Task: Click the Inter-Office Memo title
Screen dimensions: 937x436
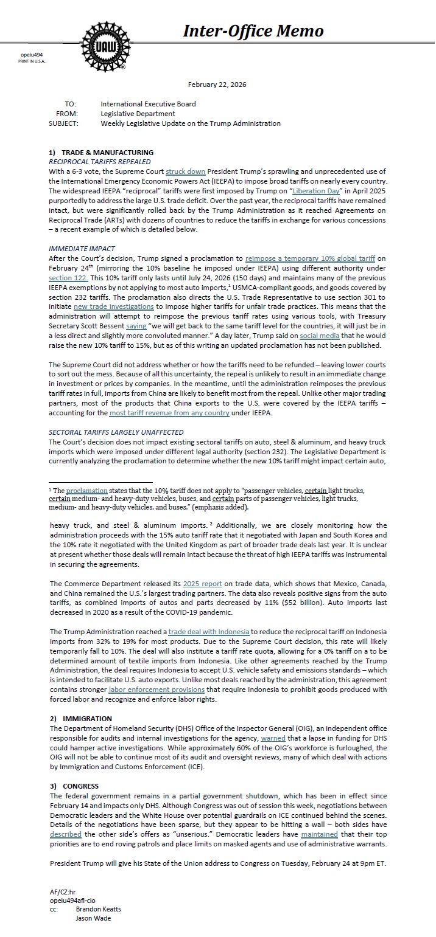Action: [254, 31]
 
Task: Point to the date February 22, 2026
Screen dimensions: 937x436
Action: [217, 85]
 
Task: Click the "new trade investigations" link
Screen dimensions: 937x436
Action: [113, 306]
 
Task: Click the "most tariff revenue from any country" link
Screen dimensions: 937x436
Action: [169, 413]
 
